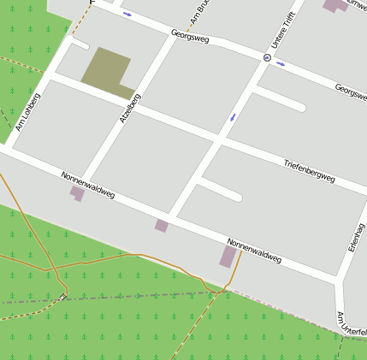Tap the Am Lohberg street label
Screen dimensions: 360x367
[27, 112]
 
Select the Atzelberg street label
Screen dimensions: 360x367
[129, 109]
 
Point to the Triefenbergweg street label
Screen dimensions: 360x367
[309, 170]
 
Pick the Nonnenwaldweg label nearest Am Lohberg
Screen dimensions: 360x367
[87, 187]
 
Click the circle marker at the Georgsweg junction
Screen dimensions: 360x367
[267, 58]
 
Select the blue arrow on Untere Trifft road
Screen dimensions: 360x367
[232, 117]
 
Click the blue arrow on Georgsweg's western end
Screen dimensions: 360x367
[127, 14]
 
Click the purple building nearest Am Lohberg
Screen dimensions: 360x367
[77, 193]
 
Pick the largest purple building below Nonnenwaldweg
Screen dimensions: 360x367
[228, 256]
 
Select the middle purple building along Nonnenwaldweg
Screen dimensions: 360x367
[161, 226]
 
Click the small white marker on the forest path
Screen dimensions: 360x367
[62, 298]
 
